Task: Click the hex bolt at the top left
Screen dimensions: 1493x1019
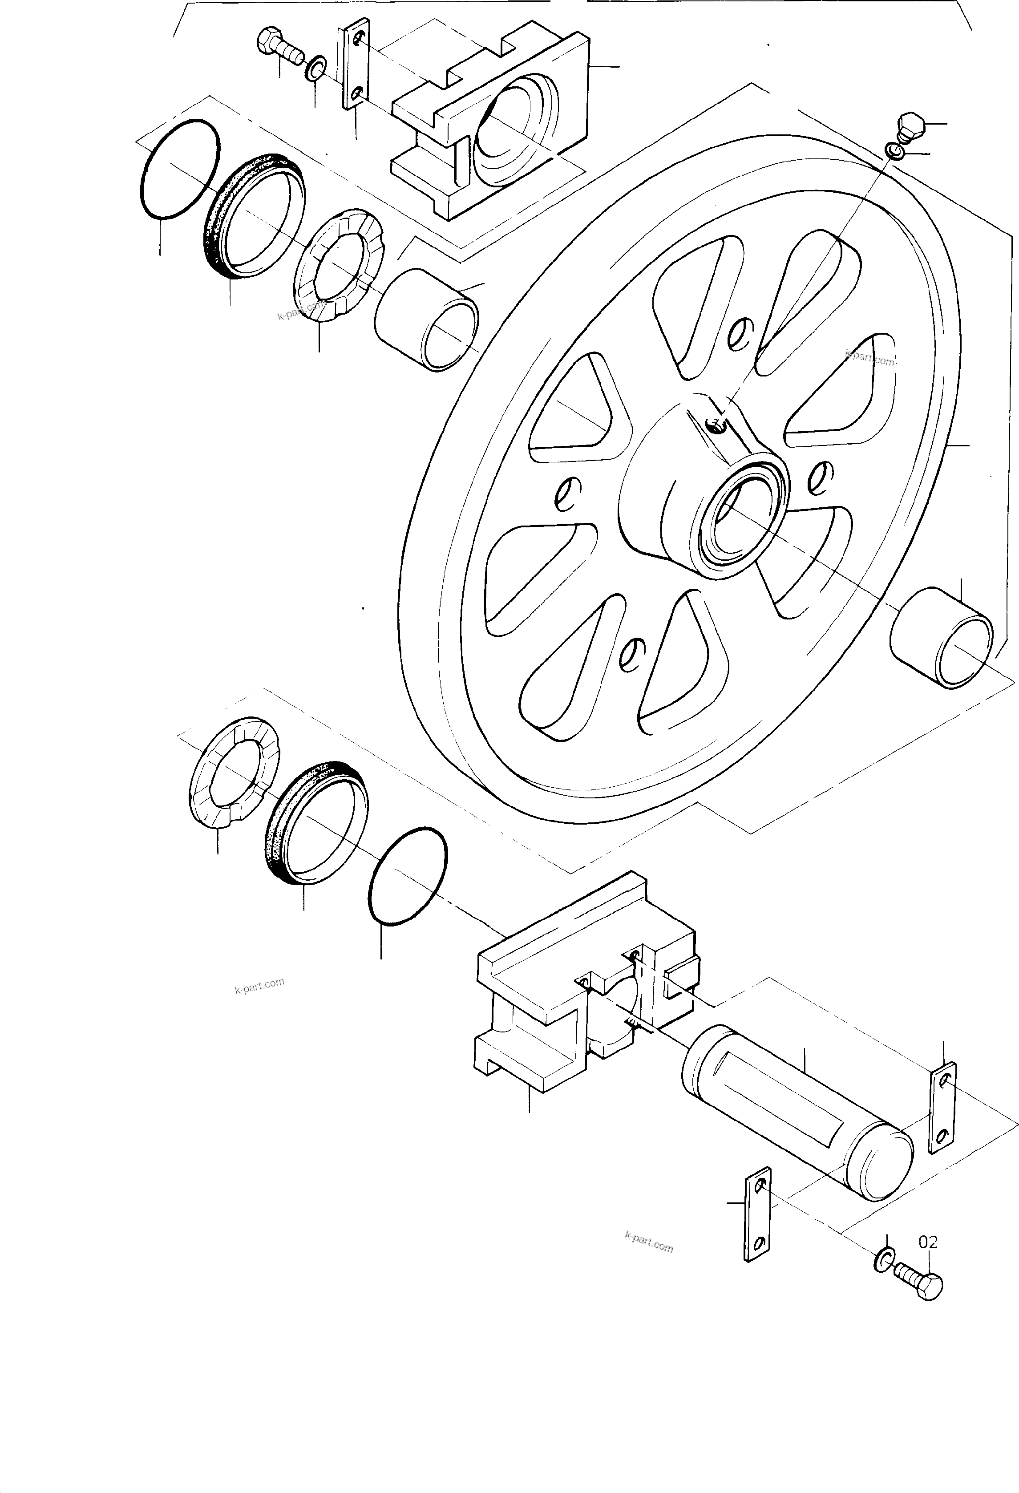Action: point(279,46)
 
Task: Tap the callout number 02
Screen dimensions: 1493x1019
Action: point(928,1242)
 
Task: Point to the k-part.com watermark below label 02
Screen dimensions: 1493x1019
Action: point(648,1242)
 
